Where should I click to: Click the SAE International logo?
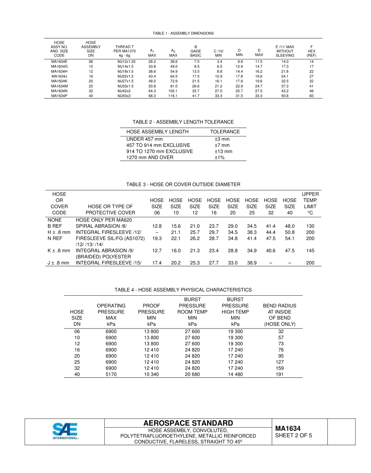point(66,431)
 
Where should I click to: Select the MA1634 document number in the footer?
point(287,428)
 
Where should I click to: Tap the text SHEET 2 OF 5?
point(293,436)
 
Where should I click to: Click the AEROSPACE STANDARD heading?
point(188,423)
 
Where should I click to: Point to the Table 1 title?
point(183,34)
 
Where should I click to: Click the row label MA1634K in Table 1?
point(59,81)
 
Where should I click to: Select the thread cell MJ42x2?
point(124,91)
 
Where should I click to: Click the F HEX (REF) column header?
point(311,51)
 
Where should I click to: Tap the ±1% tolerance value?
point(219,157)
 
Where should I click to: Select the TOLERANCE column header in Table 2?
point(225,132)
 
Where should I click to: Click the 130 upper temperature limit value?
point(310,226)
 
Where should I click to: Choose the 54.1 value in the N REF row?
point(289,238)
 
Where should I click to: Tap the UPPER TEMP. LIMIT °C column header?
point(310,203)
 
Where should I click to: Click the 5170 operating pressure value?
point(111,374)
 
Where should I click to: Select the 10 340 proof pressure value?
point(151,374)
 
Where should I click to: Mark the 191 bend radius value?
point(280,374)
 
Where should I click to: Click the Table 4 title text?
point(183,290)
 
